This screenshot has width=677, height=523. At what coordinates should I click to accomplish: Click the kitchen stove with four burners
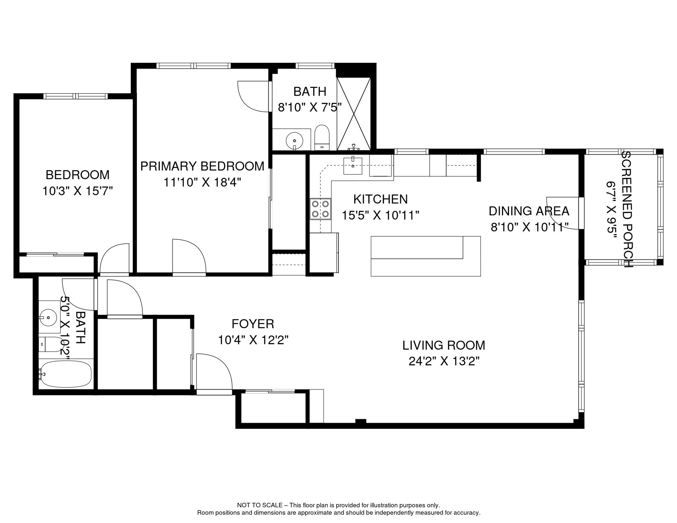pos(320,209)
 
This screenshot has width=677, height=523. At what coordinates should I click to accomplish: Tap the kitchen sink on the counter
pos(353,165)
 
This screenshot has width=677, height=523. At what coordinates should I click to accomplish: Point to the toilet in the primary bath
pos(322,137)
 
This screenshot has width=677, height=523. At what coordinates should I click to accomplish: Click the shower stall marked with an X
pos(354,114)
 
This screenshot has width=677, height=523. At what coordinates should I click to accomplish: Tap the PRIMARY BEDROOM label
pos(202,167)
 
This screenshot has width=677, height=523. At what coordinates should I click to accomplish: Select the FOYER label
pos(253,324)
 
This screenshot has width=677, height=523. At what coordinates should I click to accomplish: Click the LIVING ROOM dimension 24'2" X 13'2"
pos(444,361)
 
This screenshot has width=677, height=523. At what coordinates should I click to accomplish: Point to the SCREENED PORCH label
pos(627,209)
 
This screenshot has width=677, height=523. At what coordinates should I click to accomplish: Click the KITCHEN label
pos(380,199)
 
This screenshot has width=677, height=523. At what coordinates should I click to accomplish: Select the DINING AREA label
pos(529,211)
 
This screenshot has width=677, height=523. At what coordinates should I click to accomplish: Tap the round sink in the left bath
pos(49,317)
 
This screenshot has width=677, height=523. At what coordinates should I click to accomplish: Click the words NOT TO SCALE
pos(259,505)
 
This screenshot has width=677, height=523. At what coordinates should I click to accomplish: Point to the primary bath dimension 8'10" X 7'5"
pos(310,108)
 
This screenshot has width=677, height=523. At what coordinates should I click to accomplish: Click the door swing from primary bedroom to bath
pos(254,97)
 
